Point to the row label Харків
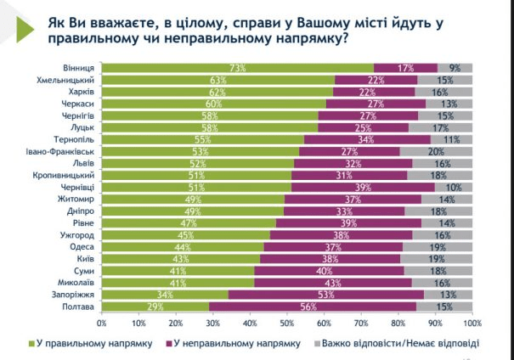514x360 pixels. tap(79, 92)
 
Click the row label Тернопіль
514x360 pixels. tap(74, 139)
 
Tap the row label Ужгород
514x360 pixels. tap(77, 233)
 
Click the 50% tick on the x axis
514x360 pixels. tap(287, 323)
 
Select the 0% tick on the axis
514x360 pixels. tap(102, 323)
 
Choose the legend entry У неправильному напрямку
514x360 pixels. tap(240, 343)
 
